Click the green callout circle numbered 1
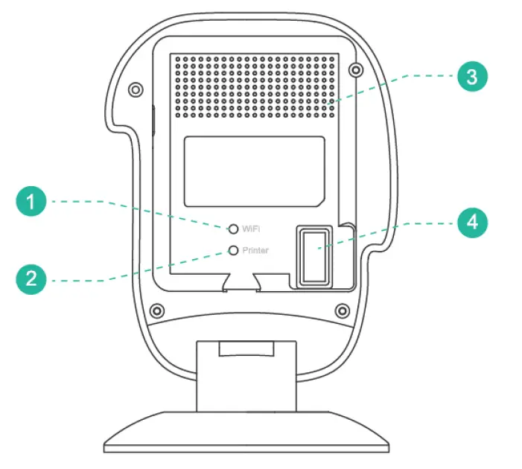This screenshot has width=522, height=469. [x=31, y=202]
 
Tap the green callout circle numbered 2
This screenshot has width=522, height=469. [x=31, y=279]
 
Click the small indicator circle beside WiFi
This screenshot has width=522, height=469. [x=234, y=229]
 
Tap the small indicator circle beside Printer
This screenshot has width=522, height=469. [x=234, y=251]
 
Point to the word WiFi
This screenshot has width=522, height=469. [x=250, y=229]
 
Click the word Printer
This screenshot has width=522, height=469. [x=255, y=251]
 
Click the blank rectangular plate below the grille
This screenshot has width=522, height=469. [x=253, y=171]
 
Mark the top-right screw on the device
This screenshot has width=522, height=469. [x=356, y=71]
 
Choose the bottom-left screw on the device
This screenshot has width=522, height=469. [x=156, y=310]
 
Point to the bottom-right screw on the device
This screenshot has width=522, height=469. [x=342, y=310]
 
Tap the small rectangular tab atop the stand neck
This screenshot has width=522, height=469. [x=248, y=348]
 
